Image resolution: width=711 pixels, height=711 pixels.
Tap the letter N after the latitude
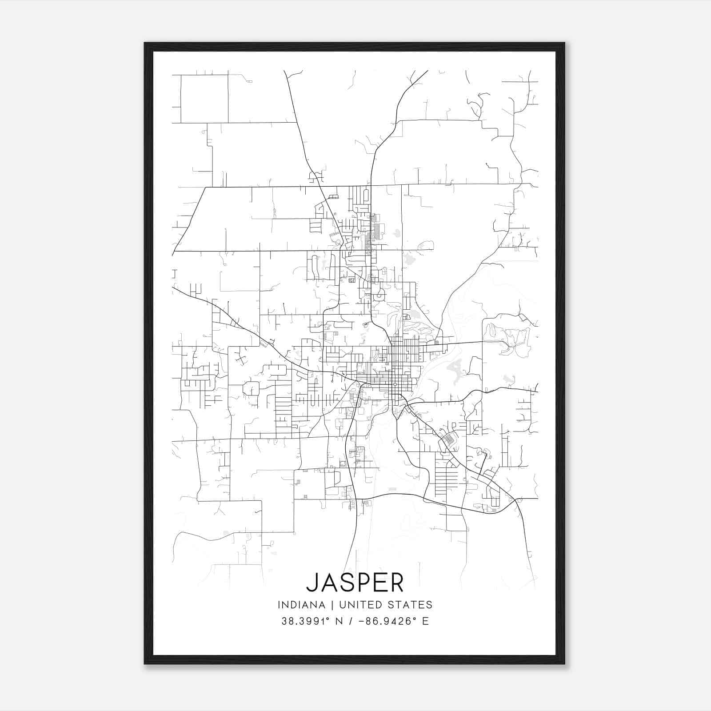(339, 621)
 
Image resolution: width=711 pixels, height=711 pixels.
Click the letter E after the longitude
(425, 621)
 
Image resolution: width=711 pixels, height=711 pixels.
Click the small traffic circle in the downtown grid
(395, 384)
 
